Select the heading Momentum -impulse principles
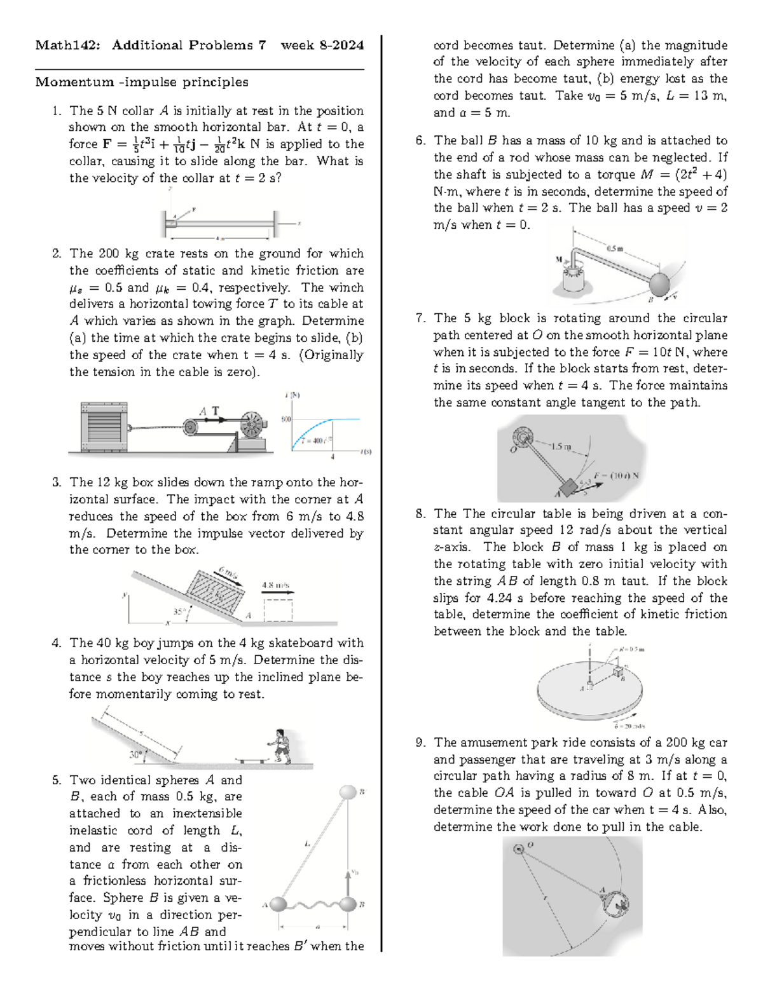(x=141, y=82)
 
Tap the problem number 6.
(x=420, y=140)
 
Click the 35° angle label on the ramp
(x=180, y=611)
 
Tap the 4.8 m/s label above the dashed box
(x=276, y=585)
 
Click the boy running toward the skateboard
(x=280, y=745)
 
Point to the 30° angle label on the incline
(x=135, y=755)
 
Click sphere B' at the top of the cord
(x=348, y=793)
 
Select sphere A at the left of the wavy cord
(x=278, y=904)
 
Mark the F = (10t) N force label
(x=615, y=475)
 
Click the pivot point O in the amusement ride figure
(x=518, y=847)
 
